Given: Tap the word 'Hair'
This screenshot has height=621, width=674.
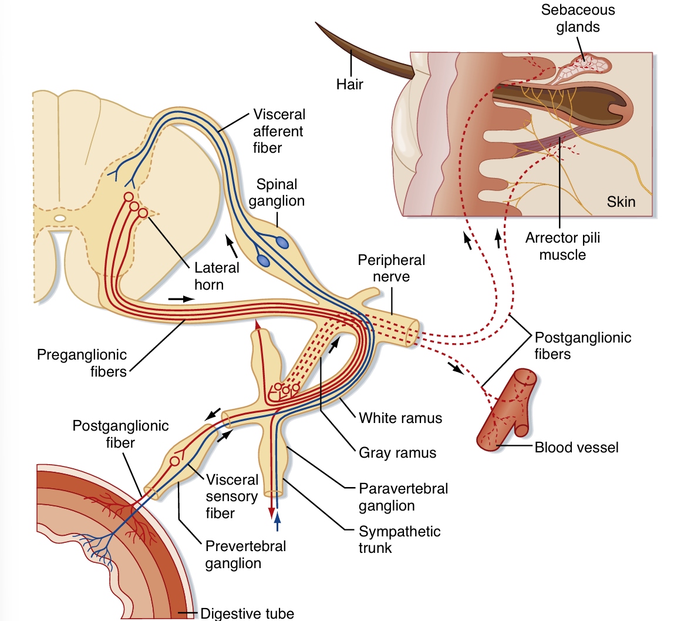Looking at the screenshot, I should coord(349,84).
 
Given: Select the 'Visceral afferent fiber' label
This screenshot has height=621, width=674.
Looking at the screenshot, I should coord(279,130).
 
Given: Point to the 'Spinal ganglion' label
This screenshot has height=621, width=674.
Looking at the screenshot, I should coord(279,192).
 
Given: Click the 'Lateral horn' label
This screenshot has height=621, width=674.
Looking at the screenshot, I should coord(217,276).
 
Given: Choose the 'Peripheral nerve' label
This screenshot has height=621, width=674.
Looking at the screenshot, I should coord(391,268).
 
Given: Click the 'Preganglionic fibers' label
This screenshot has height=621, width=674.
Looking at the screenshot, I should coord(82,362).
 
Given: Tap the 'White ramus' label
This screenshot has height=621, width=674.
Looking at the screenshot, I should coord(400,418).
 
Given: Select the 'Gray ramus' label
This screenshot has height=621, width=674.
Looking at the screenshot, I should coord(398,452).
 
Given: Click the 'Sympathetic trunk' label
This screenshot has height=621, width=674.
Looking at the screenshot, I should coord(399,539).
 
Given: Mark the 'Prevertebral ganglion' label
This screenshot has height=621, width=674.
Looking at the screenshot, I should coord(245,554).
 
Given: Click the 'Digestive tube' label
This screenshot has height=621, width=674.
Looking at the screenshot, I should coord(247,613).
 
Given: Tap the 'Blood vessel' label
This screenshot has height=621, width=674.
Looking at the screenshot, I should coord(577,448).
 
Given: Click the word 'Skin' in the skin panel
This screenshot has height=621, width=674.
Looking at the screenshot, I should coord(621,202).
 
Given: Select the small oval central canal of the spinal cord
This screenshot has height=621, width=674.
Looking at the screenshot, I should coord(60,219).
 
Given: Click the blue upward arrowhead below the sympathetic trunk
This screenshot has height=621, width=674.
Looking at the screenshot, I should coord(278,518).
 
